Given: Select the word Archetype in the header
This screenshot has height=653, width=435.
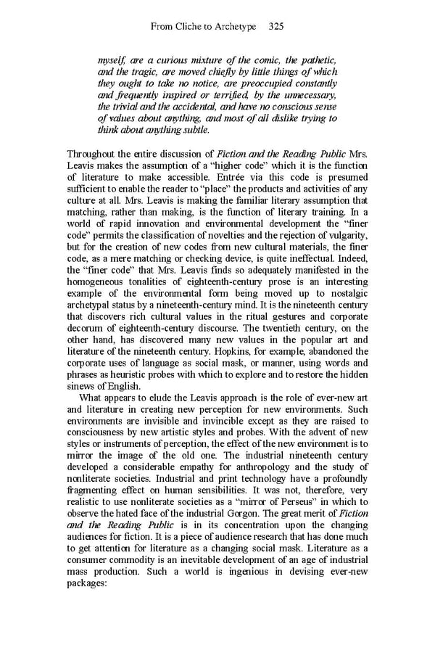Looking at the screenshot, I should pyautogui.click(x=236, y=26).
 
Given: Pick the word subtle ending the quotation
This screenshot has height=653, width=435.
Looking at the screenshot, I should pyautogui.click(x=192, y=130).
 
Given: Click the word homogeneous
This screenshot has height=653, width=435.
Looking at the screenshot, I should pyautogui.click(x=96, y=282).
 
